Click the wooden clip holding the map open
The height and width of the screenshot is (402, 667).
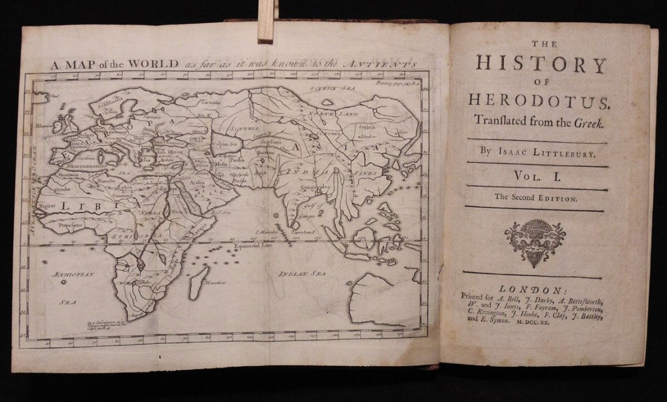pyautogui.click(x=265, y=21)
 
